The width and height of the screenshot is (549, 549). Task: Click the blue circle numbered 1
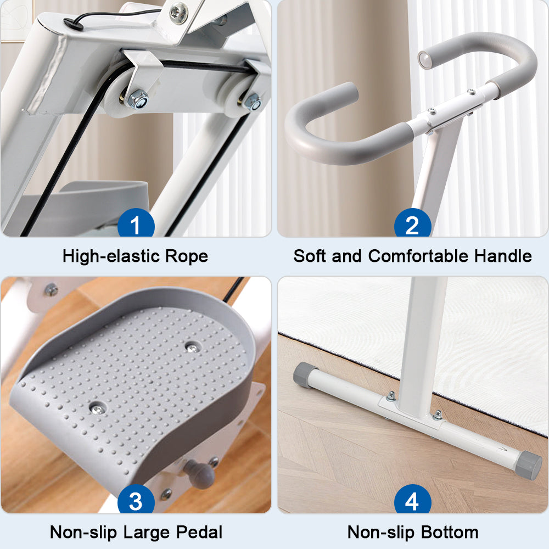[136, 223]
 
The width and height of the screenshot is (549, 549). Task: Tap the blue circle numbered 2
[412, 223]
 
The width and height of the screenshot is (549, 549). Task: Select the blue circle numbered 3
[136, 499]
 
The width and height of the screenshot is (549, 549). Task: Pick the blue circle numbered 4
[412, 499]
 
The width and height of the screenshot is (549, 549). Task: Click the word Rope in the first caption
[186, 256]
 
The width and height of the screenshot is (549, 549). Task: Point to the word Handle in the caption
[503, 256]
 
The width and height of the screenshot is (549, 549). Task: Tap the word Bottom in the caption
[450, 532]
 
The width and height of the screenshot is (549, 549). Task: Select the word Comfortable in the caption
[418, 256]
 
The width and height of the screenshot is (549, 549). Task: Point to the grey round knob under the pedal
[200, 474]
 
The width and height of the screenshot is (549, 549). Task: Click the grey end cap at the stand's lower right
[529, 465]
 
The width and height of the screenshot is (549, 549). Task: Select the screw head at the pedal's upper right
[192, 348]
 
